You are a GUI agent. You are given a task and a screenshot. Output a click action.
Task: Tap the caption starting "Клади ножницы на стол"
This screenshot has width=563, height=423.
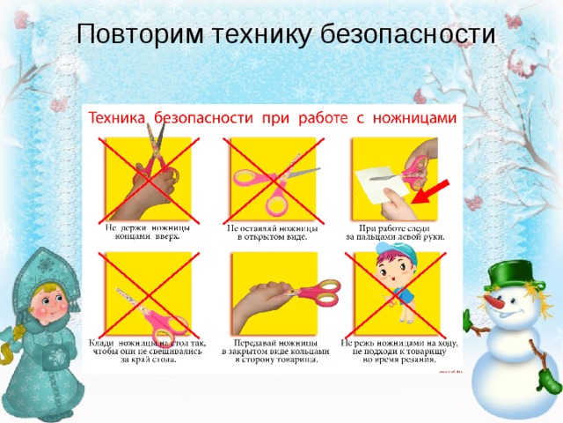pyautogui.click(x=146, y=351)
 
